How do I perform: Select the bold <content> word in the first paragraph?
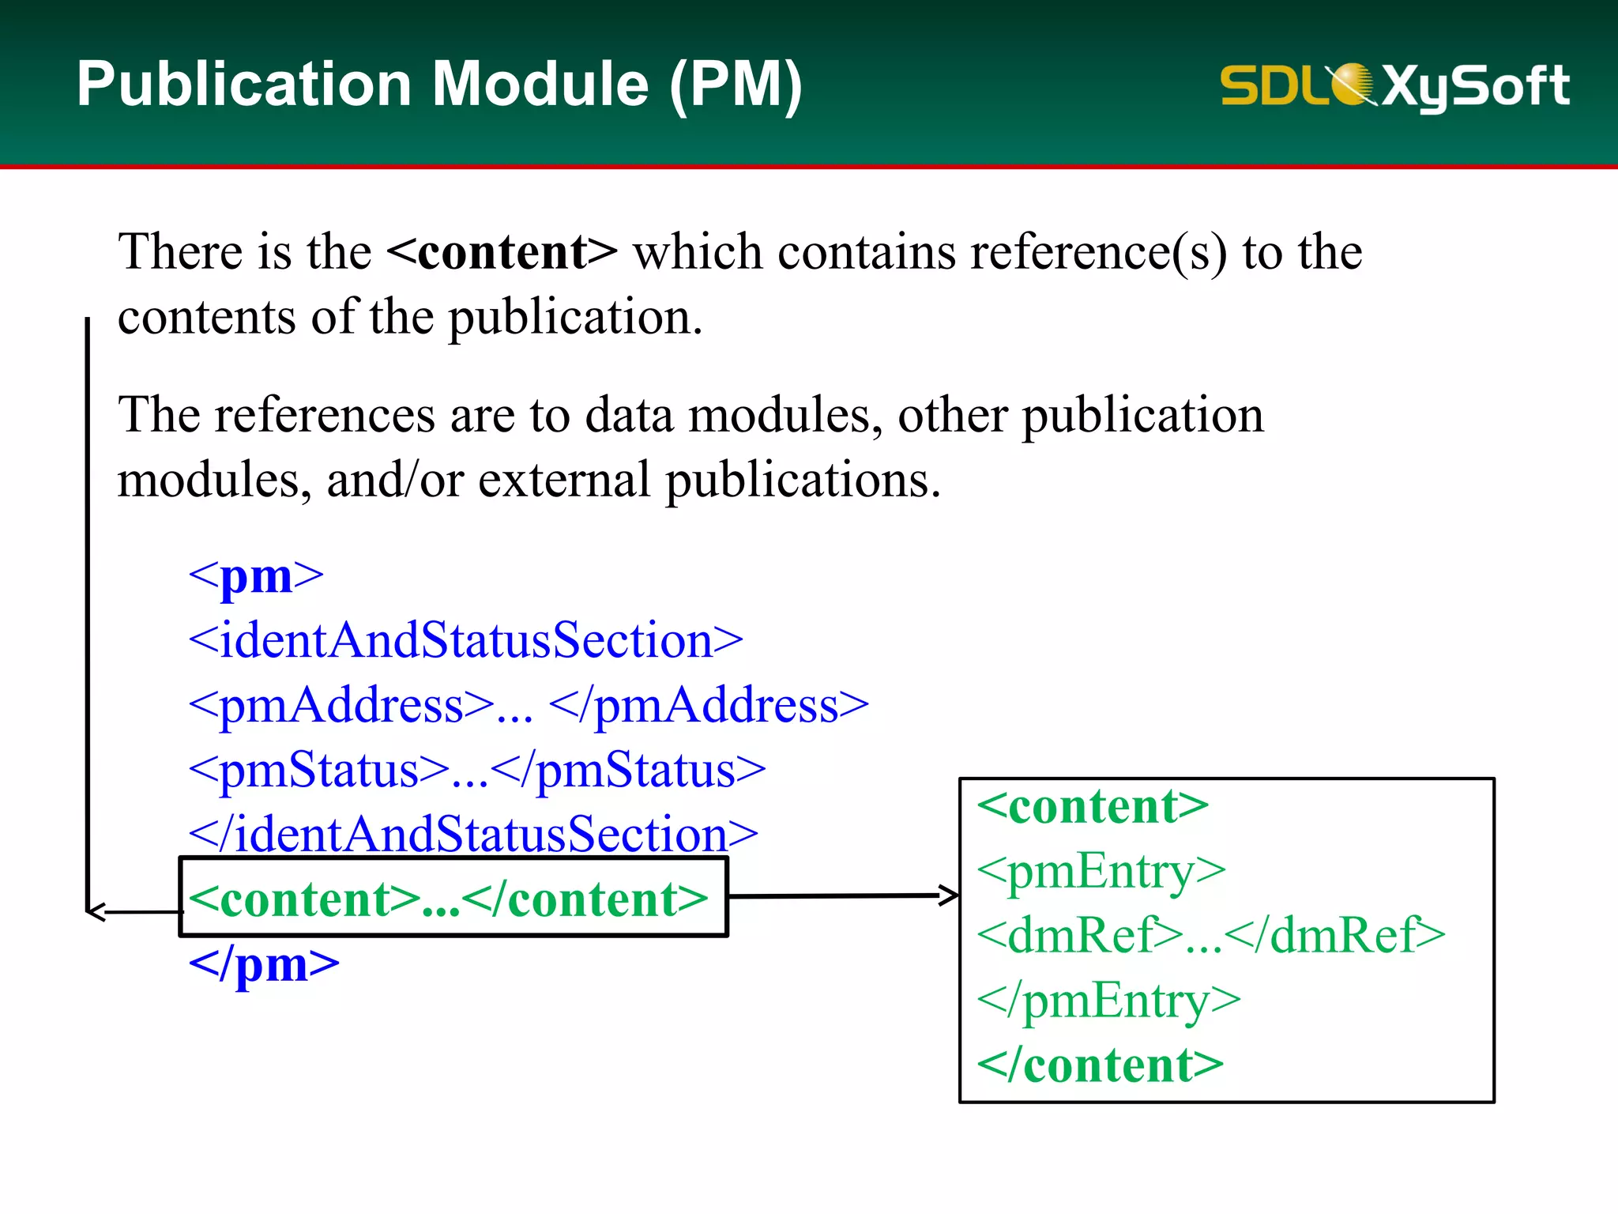[502, 252]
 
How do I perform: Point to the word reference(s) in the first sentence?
[1098, 253]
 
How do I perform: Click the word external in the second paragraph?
[564, 480]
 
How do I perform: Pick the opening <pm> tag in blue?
[256, 575]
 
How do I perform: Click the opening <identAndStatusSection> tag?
[465, 640]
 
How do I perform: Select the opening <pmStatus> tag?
[319, 770]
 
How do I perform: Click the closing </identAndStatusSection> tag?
[473, 835]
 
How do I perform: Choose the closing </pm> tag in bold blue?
[264, 964]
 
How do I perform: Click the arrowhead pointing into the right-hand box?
[948, 895]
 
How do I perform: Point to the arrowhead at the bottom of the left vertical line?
[95, 911]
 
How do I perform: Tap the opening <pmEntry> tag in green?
[1101, 871]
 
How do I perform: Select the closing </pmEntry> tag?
[1108, 1001]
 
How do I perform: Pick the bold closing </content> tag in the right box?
[1100, 1065]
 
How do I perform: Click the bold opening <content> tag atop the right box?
[1093, 807]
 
